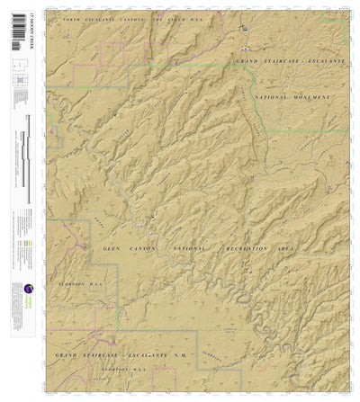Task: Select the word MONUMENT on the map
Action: click(x=311, y=97)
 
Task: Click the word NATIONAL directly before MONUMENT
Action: click(x=274, y=96)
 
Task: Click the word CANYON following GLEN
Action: click(x=144, y=247)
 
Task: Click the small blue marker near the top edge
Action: click(x=242, y=31)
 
